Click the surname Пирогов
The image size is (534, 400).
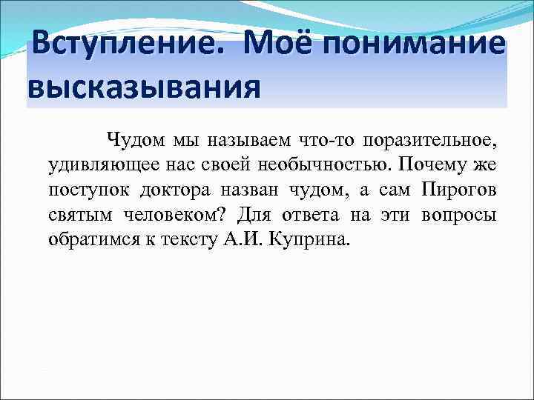pyautogui.click(x=458, y=190)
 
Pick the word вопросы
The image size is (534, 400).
pyautogui.click(x=458, y=216)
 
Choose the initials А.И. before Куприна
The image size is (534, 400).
pyautogui.click(x=243, y=241)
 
